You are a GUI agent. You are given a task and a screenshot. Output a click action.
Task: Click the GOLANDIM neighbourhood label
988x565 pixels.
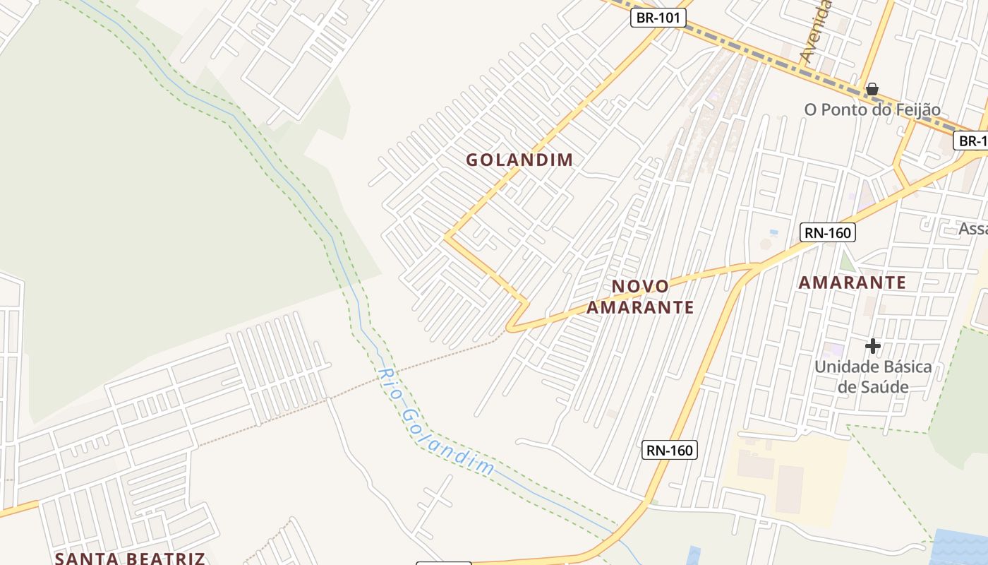pos(519,160)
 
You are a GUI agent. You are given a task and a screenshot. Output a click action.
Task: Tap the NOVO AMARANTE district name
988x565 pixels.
pos(640,297)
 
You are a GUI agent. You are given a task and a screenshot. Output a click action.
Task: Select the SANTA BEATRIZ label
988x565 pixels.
pos(130,558)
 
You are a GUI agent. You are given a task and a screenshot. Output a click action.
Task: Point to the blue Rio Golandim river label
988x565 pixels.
pos(435,422)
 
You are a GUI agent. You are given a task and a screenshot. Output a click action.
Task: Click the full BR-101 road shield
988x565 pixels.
pos(658,18)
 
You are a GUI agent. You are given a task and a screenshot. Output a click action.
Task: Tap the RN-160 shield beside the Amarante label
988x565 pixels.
pos(827,232)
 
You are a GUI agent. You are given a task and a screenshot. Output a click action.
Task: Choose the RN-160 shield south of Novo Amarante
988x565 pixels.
pos(669,450)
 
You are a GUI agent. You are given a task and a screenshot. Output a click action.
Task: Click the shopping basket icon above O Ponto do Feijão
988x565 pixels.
pos(872,89)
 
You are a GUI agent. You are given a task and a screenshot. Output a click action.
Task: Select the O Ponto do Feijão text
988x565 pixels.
pos(872,109)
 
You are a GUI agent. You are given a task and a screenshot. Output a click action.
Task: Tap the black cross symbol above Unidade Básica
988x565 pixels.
pos(873,346)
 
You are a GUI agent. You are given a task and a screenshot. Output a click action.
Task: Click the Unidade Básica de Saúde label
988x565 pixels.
pos(873,376)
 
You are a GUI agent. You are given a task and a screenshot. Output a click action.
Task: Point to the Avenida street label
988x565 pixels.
pos(817,32)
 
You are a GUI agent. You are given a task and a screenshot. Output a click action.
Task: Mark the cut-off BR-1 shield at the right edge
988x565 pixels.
pos(972,141)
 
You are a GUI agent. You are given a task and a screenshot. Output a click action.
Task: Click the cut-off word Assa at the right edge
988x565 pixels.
pos(973,228)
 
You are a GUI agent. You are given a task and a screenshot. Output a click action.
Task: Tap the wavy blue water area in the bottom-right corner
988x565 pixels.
pos(961,547)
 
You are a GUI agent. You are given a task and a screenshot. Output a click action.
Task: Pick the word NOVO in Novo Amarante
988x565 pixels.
pos(640,286)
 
